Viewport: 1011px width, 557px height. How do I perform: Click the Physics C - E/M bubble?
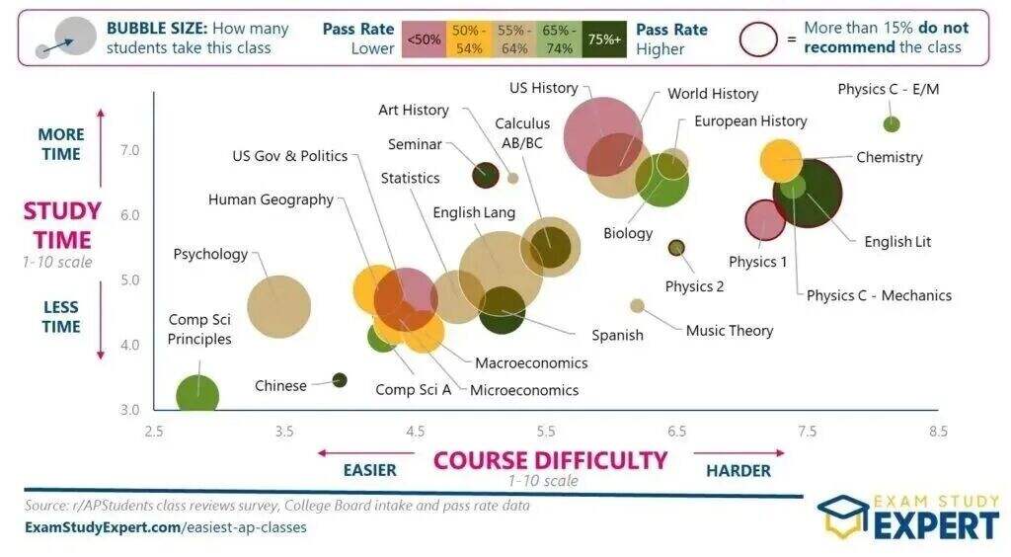click(892, 124)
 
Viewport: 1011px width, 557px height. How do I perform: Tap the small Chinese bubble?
click(340, 380)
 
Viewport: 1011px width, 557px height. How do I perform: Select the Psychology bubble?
click(278, 306)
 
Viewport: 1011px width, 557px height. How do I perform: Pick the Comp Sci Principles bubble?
click(197, 394)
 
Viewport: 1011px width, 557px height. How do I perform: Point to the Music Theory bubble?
click(638, 306)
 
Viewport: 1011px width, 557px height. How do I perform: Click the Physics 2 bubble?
click(676, 248)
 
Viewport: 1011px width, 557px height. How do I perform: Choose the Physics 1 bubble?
click(764, 220)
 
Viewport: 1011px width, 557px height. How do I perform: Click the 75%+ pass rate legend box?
click(604, 39)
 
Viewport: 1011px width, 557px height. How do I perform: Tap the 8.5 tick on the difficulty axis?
click(938, 431)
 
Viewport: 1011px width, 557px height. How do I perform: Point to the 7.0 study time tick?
click(130, 150)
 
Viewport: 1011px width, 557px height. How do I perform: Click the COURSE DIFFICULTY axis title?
click(551, 460)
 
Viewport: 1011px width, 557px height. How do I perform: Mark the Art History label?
click(413, 111)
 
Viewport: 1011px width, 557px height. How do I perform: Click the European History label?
click(750, 121)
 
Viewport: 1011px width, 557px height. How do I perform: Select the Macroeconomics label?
click(531, 363)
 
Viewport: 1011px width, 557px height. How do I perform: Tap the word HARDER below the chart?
click(738, 471)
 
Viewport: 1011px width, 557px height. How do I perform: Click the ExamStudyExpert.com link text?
click(102, 527)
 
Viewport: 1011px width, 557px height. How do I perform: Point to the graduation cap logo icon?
click(842, 516)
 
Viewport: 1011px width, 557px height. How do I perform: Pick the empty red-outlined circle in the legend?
click(758, 39)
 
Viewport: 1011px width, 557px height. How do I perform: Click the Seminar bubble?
click(485, 175)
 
